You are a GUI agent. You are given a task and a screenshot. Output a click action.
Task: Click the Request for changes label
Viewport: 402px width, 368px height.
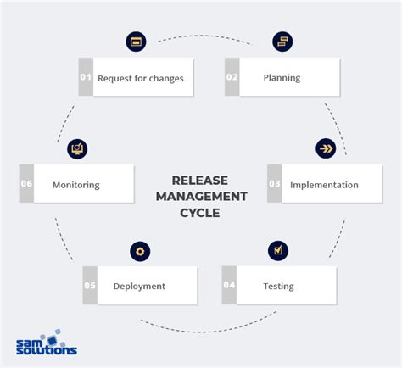(x=140, y=78)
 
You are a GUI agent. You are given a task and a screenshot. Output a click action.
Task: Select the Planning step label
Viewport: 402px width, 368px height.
(x=282, y=78)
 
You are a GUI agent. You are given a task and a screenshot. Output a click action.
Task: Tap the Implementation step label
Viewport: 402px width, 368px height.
(x=324, y=184)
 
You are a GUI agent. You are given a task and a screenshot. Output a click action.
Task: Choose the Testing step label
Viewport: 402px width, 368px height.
(x=278, y=286)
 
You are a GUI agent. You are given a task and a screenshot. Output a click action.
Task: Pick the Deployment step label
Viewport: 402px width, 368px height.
(x=139, y=286)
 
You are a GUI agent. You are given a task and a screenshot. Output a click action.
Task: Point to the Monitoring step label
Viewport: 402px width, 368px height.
(x=76, y=184)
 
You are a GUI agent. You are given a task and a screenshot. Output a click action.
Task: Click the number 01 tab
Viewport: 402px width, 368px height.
(x=86, y=78)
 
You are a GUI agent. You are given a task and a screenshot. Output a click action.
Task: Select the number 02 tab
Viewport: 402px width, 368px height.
(x=232, y=78)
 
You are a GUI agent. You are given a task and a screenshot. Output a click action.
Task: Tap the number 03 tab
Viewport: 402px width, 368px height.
(x=274, y=184)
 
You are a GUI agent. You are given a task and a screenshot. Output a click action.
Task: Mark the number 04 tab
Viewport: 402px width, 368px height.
(x=229, y=286)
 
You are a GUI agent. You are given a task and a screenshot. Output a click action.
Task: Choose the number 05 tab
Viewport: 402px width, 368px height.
(x=90, y=286)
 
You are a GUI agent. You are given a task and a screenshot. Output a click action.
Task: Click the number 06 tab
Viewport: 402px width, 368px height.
(x=26, y=184)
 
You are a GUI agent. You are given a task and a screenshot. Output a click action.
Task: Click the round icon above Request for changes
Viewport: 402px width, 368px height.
(x=136, y=42)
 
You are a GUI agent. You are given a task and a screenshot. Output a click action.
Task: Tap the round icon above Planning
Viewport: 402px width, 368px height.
(x=282, y=42)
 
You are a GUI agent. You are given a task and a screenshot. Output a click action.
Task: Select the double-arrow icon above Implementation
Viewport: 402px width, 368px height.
(x=326, y=148)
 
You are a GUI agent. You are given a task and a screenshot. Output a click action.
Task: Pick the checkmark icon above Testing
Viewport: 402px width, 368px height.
(x=278, y=250)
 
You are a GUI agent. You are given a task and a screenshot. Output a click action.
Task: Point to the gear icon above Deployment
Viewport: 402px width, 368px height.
(x=140, y=251)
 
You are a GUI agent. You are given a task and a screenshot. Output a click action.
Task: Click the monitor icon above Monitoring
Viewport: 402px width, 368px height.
(x=77, y=148)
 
